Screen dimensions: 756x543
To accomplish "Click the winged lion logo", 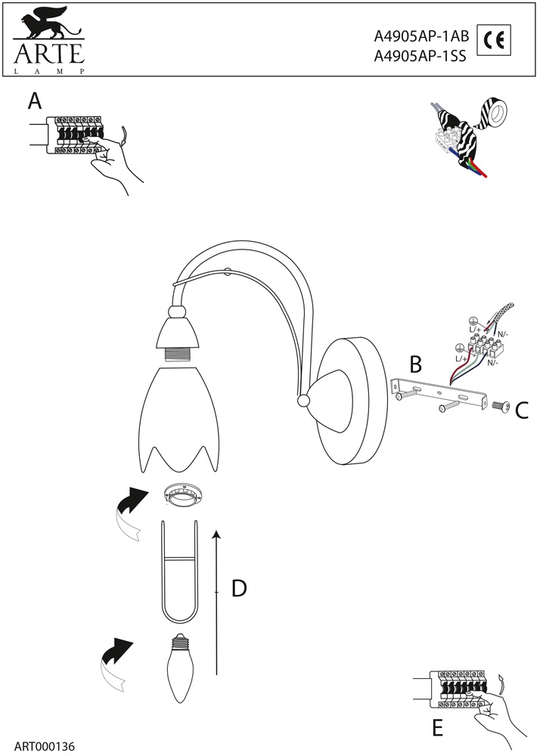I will pyautogui.click(x=46, y=24).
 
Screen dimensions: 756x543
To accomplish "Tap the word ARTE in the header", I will pyautogui.click(x=47, y=55).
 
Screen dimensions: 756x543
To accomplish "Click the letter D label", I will pyautogui.click(x=239, y=588).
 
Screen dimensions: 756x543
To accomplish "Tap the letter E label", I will pyautogui.click(x=436, y=728).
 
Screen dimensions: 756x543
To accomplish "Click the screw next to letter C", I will pyautogui.click(x=501, y=407).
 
